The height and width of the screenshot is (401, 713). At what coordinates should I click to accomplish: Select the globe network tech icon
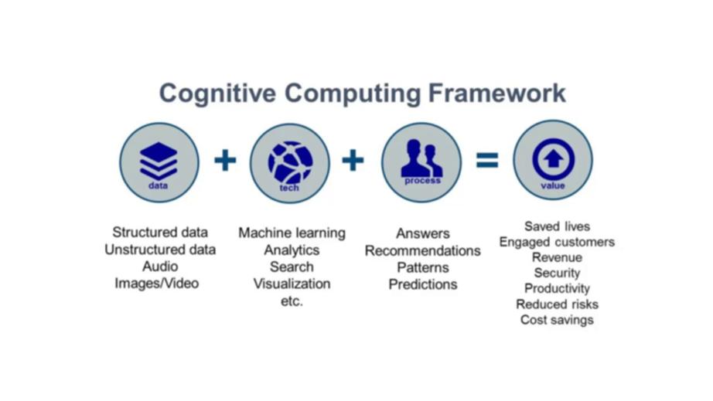(290, 161)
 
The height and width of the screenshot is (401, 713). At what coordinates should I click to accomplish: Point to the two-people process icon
(421, 159)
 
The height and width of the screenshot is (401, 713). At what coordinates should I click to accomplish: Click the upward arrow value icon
(553, 158)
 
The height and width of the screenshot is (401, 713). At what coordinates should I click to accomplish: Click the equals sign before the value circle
(487, 161)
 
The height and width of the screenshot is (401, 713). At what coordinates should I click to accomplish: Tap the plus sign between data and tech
(224, 161)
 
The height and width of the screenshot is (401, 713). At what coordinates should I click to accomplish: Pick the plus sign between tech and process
(353, 161)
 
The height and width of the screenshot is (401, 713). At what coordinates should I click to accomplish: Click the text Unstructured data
(160, 250)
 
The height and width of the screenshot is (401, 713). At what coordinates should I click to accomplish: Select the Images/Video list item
(157, 284)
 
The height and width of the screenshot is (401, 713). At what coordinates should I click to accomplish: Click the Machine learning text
(292, 233)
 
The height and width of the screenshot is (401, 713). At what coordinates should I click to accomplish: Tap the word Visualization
(292, 284)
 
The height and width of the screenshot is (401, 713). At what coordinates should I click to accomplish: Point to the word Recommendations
(422, 250)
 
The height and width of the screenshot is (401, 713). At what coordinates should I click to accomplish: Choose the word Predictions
(423, 284)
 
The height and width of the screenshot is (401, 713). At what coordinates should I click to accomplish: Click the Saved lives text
(557, 226)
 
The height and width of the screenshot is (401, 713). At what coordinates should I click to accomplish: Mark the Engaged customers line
(557, 242)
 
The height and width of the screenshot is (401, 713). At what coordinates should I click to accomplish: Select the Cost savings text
(557, 320)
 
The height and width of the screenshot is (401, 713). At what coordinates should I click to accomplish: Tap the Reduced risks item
(557, 304)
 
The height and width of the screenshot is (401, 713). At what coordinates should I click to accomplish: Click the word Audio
(160, 267)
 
